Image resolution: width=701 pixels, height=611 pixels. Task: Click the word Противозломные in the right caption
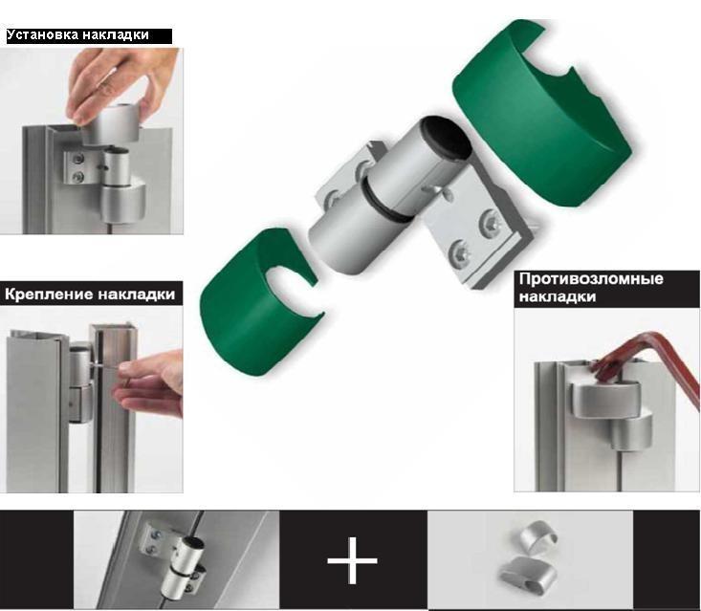pos(591,279)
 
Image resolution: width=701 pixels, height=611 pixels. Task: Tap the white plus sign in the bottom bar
pos(352,560)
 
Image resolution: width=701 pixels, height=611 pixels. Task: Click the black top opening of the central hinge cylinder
pos(447,137)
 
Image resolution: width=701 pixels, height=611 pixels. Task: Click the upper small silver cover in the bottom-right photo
pos(537,534)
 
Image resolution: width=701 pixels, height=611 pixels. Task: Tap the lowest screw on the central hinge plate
pos(460,254)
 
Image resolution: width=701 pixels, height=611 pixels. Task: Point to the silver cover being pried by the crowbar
pos(605,400)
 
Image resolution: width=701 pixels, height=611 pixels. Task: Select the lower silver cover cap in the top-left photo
pos(121,201)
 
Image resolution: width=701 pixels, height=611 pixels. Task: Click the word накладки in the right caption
pos(558,297)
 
